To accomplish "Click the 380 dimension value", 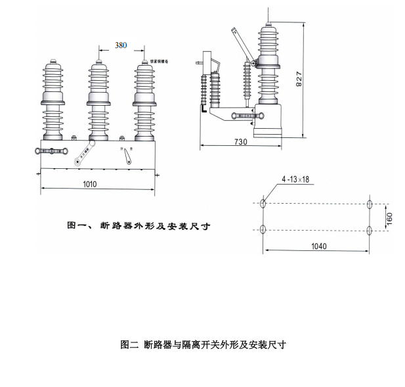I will pos(121,45).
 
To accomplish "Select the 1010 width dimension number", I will pos(90,184).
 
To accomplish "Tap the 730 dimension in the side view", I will pos(241,142).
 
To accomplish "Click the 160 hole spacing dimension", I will pos(389,216).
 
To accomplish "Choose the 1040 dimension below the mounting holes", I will pos(318,246).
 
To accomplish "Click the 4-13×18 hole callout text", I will pos(295,179).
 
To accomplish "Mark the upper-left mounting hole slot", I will pos(263,203).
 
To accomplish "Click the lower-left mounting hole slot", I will pos(263,229).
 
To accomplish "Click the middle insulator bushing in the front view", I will pos(98,99).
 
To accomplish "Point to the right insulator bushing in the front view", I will pos(144,99).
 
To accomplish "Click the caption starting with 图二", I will pos(203,344).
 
